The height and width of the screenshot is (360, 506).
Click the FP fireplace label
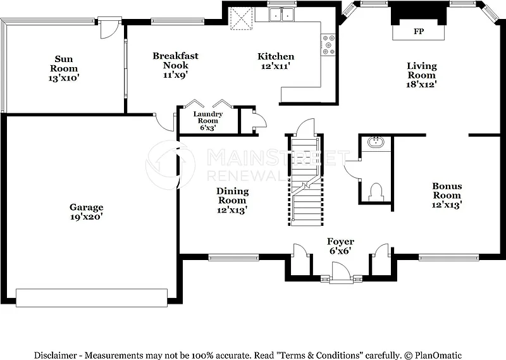[x=419, y=32]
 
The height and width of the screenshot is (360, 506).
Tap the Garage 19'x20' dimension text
[x=87, y=216]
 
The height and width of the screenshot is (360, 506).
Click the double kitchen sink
[x=281, y=14]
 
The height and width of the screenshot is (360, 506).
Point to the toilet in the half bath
[x=376, y=192]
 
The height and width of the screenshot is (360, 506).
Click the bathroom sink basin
[x=376, y=142]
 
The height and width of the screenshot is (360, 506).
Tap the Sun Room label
[x=64, y=64]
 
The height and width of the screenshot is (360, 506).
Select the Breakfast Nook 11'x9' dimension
[x=176, y=75]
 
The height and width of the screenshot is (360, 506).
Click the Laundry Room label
[x=208, y=117]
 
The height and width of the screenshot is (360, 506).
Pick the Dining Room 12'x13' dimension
[x=232, y=210]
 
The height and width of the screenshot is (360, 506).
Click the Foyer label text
[x=340, y=242]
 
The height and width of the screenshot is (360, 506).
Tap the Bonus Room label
[x=447, y=190]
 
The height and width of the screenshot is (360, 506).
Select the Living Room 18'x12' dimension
[x=421, y=85]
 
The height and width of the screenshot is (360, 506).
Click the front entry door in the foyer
[x=341, y=273]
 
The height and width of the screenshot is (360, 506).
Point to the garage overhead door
[x=92, y=298]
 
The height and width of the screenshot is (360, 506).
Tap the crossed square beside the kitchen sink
[x=241, y=19]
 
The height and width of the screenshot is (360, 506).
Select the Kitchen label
[x=276, y=56]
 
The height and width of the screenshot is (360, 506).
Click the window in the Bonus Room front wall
[x=448, y=258]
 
